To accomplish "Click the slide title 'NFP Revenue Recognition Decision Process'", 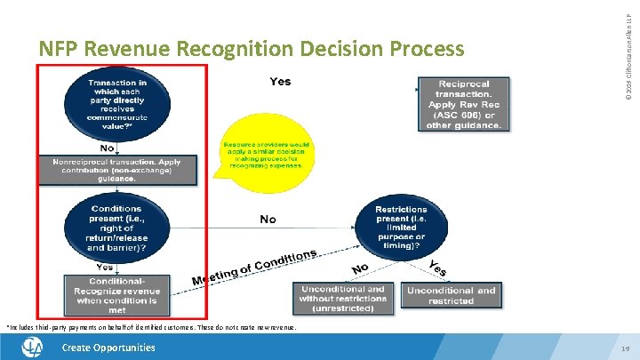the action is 251,48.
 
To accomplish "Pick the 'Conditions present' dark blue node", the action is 116,228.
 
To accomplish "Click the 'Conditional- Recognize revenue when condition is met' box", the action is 116,294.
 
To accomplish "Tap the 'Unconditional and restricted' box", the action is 451,295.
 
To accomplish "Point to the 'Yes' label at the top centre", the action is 280,82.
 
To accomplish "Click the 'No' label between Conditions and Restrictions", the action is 268,219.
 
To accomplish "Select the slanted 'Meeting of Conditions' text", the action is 254,268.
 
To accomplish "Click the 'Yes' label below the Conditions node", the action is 104,267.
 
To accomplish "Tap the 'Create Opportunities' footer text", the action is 108,348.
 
